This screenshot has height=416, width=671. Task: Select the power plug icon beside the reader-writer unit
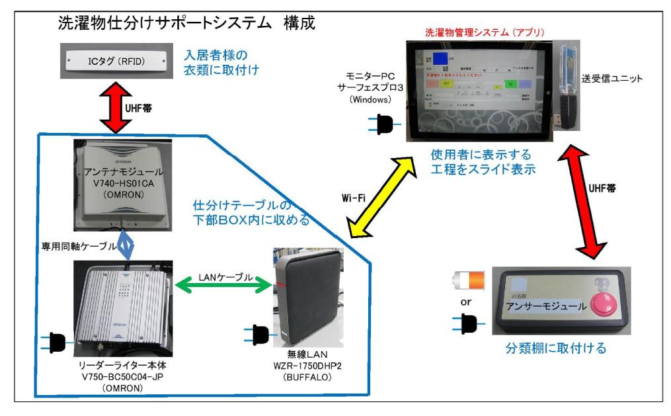pyautogui.click(x=55, y=341)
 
